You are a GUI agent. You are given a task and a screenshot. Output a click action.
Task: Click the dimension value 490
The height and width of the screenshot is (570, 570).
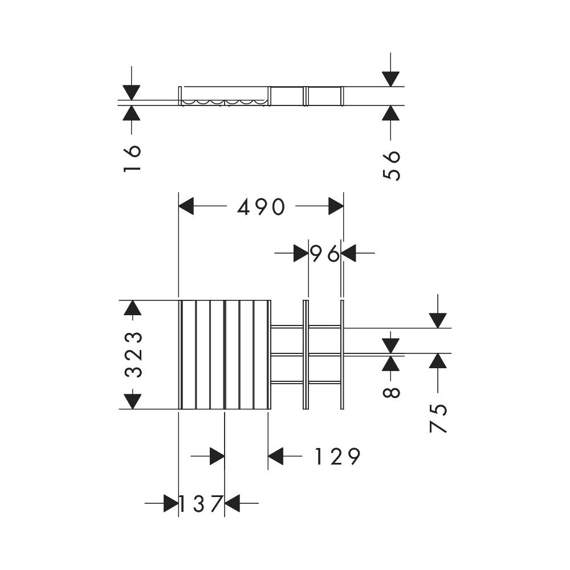tap(260, 207)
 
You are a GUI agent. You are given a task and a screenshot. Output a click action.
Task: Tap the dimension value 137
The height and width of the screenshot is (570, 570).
tap(201, 503)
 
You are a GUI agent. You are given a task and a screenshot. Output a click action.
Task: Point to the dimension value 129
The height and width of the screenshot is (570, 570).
tap(337, 456)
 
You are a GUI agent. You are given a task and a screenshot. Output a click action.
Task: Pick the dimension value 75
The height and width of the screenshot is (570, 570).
tap(438, 418)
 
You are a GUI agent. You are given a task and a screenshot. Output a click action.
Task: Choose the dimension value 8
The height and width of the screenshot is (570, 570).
tap(391, 393)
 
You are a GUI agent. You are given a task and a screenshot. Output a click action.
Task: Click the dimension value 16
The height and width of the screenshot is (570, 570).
tap(132, 158)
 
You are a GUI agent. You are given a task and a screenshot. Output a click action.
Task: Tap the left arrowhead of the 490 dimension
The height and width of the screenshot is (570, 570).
tap(186, 206)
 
